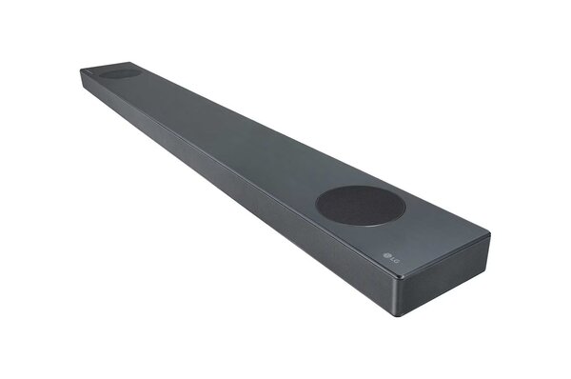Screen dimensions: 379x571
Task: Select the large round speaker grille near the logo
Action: [x=361, y=205]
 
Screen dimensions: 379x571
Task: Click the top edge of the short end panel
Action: [x=445, y=254]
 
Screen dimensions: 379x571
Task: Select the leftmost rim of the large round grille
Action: [x=317, y=203]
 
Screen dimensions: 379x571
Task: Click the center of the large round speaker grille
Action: [x=361, y=205]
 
